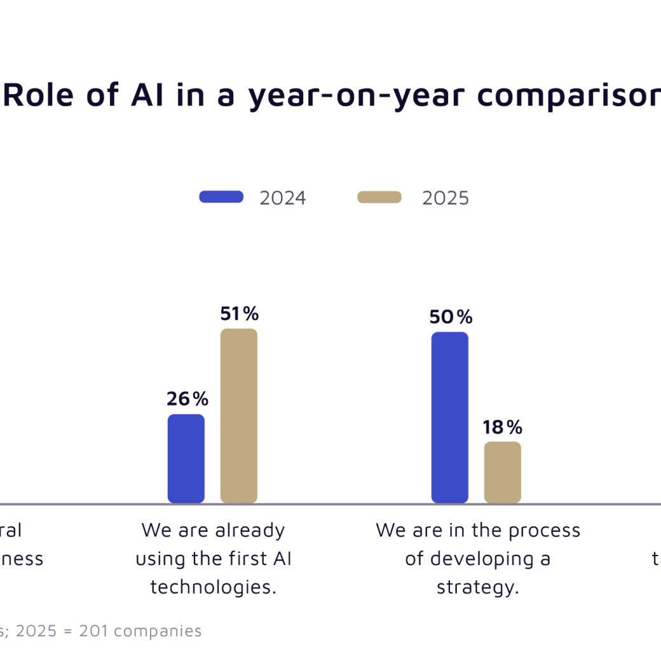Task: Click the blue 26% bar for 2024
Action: coord(186,458)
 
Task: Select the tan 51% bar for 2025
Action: coord(239,416)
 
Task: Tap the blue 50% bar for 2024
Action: coord(450,418)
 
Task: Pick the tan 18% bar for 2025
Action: coord(503,472)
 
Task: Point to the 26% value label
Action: coord(187,399)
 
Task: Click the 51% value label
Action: coord(240,313)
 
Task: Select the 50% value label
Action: coord(451,317)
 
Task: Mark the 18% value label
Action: coord(502,426)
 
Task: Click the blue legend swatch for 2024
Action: coord(221,197)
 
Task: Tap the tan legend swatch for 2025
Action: coord(379,197)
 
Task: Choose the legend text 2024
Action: coord(283,198)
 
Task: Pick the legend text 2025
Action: coord(446,198)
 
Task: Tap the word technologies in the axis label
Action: coord(213,587)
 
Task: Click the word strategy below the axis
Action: coord(477,587)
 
